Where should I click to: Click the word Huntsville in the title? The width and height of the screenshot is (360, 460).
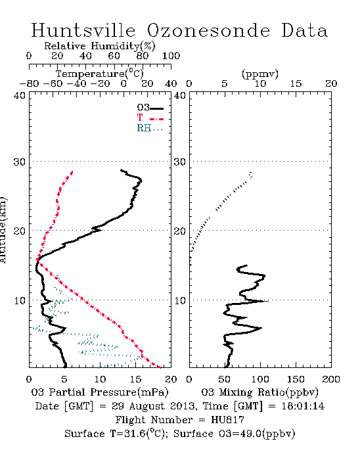tap(83, 30)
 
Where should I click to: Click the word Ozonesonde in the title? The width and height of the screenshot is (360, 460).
tap(208, 30)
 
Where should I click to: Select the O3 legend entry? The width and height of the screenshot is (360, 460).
tap(150, 108)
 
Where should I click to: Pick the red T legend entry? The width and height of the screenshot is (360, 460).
tap(150, 118)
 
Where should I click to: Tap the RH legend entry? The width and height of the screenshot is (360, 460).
tap(150, 128)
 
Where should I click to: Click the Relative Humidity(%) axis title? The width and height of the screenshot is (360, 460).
tap(100, 46)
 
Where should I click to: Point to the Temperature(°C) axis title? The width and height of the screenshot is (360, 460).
tap(100, 74)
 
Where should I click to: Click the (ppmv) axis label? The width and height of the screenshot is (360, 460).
tap(260, 74)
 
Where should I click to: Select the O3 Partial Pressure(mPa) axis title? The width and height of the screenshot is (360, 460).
tap(100, 392)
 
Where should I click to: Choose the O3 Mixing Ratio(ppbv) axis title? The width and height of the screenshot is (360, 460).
tap(259, 392)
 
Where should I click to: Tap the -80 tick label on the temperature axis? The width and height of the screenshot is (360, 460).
tap(29, 83)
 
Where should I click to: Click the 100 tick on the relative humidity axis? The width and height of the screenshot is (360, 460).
tap(171, 56)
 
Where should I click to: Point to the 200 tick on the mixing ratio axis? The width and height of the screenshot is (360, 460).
tap(331, 379)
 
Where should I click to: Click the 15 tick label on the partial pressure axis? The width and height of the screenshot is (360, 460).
tap(135, 379)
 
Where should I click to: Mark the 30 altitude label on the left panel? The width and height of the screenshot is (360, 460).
tap(19, 162)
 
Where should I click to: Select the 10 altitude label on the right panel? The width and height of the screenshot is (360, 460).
tap(180, 300)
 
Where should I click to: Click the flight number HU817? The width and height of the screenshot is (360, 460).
tap(227, 420)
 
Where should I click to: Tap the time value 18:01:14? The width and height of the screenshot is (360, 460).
tap(303, 406)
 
